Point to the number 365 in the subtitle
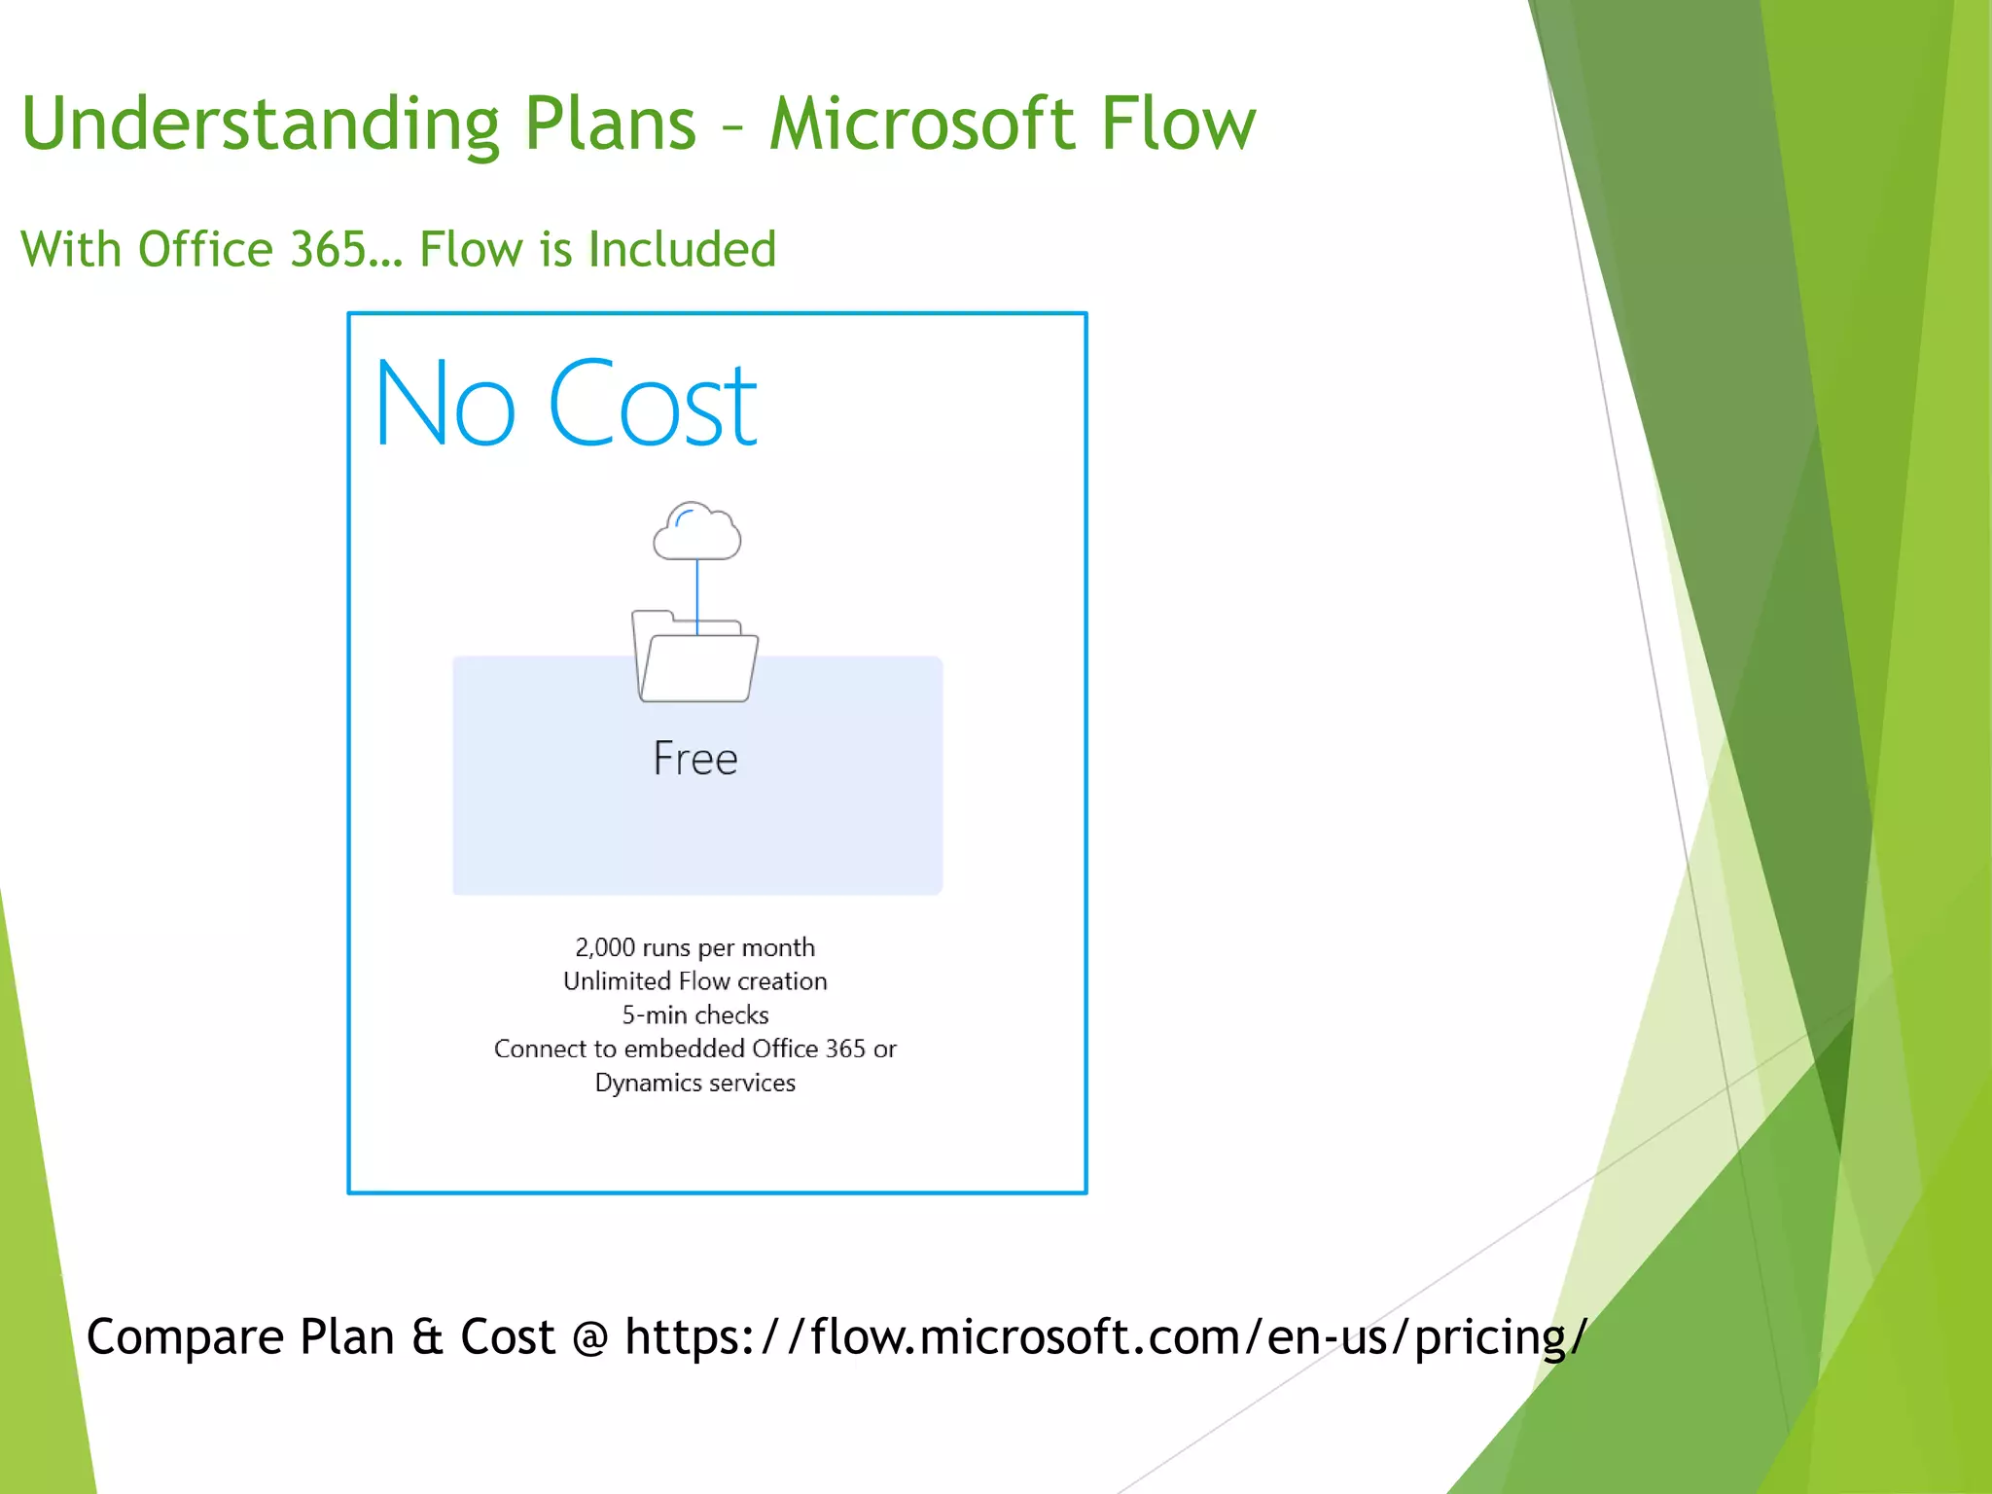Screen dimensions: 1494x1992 coord(327,249)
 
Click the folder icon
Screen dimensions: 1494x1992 coord(694,659)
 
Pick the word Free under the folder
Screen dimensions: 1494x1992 coord(695,759)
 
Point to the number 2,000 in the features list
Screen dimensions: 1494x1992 coord(604,947)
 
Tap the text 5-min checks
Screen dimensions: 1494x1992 coord(695,1015)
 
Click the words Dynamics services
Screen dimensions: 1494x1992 coord(695,1083)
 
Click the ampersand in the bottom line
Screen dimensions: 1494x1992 coord(428,1336)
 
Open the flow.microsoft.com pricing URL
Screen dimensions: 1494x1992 coord(1105,1336)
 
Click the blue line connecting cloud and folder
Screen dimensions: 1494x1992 coord(697,593)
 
